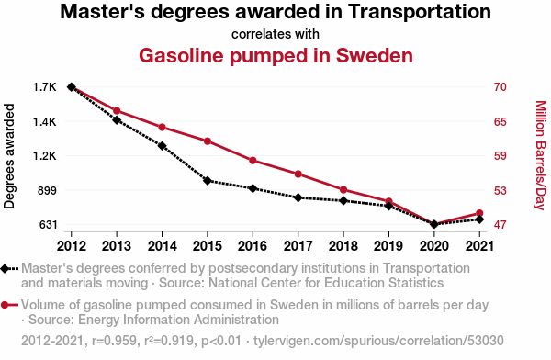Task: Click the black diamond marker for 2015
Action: tap(208, 181)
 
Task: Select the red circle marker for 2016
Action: tap(253, 161)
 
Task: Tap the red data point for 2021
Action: tap(479, 213)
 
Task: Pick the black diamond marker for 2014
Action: tap(162, 146)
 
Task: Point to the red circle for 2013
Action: tap(117, 111)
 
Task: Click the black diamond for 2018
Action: tap(343, 201)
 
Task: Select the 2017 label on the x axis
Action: tap(298, 246)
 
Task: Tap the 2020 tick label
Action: tap(434, 246)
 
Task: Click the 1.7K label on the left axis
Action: tap(45, 87)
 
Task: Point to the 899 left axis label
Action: tap(47, 190)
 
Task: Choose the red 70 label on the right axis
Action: tap(500, 87)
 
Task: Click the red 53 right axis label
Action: tap(500, 190)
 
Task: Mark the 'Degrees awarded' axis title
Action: tap(9, 156)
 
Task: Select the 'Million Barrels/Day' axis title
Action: tap(541, 155)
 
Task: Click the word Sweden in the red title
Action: tap(375, 55)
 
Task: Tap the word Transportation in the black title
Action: tap(420, 12)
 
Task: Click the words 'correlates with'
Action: tap(275, 34)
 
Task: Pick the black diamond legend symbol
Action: tap(9, 269)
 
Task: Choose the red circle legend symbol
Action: tap(9, 305)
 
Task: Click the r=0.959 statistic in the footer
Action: tap(114, 341)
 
